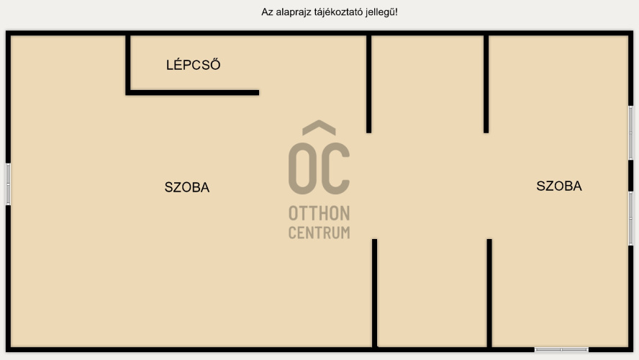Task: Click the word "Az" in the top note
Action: point(267,12)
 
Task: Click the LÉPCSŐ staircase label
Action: point(193,66)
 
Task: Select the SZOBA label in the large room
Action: point(187,188)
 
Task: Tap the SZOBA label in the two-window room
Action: point(559,186)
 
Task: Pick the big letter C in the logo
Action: point(335,168)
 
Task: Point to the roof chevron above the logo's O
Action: point(319,128)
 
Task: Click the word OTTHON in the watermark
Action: point(319,214)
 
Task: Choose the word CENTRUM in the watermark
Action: point(319,233)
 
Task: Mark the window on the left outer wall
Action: point(8,184)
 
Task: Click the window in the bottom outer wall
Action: point(561,349)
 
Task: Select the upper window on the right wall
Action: point(630,133)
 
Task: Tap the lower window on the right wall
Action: point(630,217)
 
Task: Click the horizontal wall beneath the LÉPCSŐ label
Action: point(193,92)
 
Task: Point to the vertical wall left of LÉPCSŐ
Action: point(128,63)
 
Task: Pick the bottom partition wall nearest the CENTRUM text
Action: point(375,292)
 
